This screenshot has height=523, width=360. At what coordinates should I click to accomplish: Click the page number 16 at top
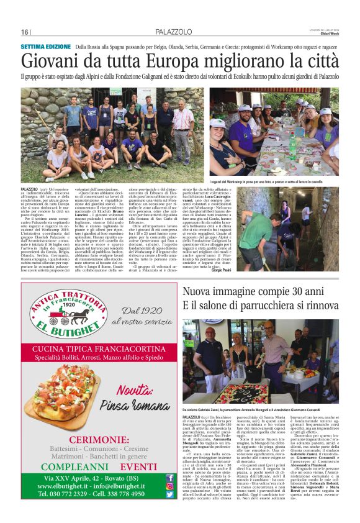[x=25, y=32]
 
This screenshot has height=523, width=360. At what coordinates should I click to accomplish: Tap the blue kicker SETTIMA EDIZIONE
[x=46, y=47]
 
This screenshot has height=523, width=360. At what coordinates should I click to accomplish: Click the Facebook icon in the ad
[x=169, y=478]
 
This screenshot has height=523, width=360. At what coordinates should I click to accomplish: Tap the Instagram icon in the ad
[x=169, y=486]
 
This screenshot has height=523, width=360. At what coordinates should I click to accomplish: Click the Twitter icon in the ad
[x=169, y=494]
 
